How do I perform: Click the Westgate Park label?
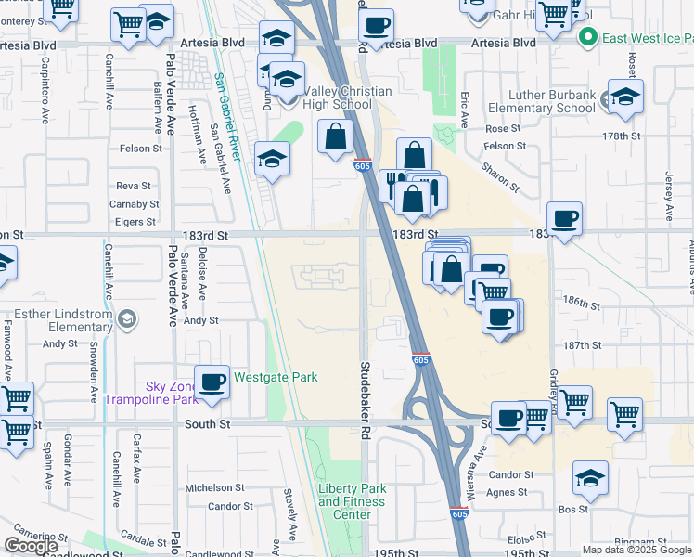(276, 377)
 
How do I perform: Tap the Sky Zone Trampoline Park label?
(152, 393)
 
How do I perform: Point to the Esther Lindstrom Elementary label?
(61, 319)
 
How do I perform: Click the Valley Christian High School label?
(338, 97)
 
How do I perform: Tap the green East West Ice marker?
(586, 37)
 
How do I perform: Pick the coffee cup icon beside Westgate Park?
(212, 382)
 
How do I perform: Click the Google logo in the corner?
(31, 546)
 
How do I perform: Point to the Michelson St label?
(213, 487)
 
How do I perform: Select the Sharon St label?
(499, 175)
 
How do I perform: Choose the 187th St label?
(583, 344)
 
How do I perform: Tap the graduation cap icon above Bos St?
(590, 477)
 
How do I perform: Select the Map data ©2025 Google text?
(637, 550)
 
